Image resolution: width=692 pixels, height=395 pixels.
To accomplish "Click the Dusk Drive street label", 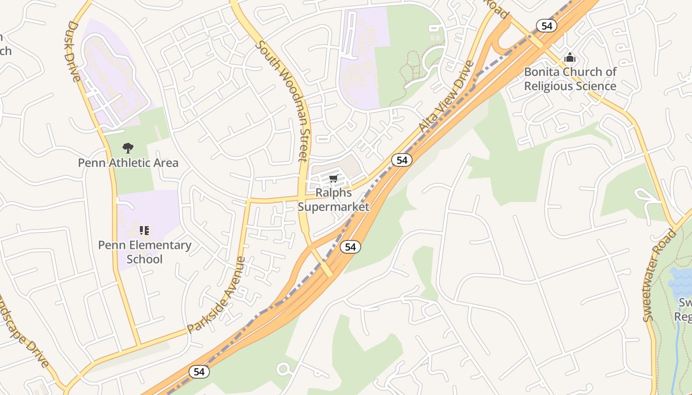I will click(x=73, y=51).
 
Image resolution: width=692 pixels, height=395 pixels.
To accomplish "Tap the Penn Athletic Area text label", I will click(x=128, y=162).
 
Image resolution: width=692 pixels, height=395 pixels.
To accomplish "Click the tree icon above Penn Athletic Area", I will click(x=128, y=147).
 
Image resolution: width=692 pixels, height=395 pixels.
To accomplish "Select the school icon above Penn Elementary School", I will click(x=144, y=230).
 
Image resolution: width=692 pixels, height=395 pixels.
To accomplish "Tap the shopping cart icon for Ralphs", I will click(x=334, y=178).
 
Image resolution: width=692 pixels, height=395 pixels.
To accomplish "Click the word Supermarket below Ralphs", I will click(x=333, y=206).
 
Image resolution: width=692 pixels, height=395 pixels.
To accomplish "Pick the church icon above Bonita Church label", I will click(x=570, y=57).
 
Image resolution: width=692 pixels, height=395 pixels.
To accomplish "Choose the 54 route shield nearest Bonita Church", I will click(x=546, y=26).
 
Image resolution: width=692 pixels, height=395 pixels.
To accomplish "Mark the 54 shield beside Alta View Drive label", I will click(x=402, y=160).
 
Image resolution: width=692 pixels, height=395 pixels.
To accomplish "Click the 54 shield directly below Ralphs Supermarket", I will click(x=350, y=247).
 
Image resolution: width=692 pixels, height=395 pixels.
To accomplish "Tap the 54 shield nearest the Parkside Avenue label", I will click(x=199, y=372).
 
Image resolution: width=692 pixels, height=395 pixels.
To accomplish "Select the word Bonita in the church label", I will click(x=542, y=72).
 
